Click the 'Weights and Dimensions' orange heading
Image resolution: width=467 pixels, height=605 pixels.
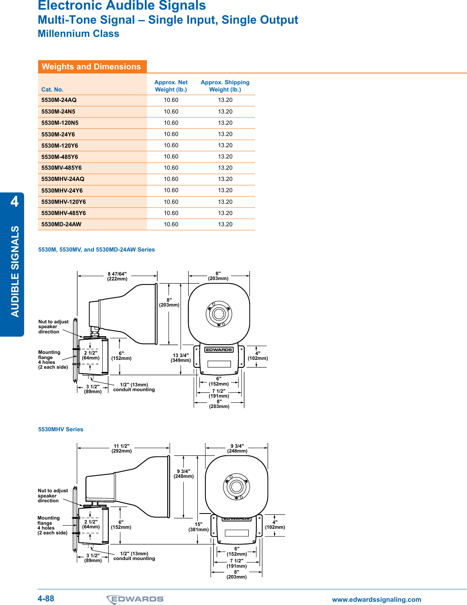click(91, 67)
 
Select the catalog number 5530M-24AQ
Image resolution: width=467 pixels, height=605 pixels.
click(59, 100)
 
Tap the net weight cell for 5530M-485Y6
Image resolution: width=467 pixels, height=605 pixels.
click(171, 157)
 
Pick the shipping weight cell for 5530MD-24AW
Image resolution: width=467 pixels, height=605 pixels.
click(225, 224)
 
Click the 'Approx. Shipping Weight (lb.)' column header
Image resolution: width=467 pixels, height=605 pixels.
click(225, 86)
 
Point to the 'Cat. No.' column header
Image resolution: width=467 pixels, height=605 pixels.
click(52, 89)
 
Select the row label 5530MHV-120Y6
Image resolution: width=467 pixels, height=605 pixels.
click(63, 202)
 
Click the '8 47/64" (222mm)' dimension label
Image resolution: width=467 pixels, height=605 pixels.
click(117, 276)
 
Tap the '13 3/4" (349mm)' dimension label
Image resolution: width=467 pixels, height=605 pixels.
click(181, 358)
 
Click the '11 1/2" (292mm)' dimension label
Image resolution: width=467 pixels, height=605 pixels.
click(122, 449)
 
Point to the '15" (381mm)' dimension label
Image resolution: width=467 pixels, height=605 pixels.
click(199, 527)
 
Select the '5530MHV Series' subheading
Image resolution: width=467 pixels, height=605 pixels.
click(61, 429)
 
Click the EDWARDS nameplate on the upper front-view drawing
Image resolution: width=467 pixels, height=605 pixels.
click(219, 350)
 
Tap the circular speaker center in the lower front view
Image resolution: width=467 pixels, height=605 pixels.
click(236, 487)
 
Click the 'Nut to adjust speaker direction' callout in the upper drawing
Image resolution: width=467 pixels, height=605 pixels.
click(53, 327)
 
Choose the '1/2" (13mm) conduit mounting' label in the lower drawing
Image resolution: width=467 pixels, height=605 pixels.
click(134, 556)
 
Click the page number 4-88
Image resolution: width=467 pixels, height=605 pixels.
click(46, 599)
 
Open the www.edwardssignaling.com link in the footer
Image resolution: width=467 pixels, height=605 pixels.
click(376, 599)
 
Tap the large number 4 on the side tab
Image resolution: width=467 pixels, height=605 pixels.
click(14, 201)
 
